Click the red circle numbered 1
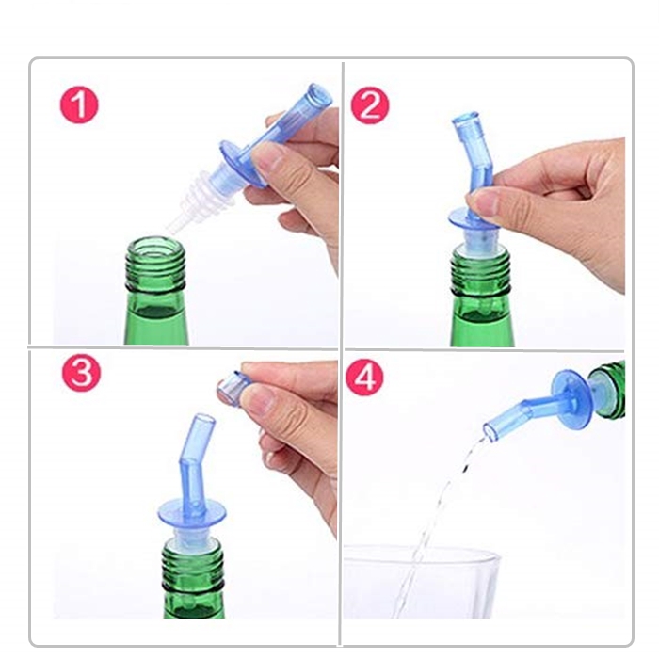point(79,104)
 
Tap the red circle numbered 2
point(370,105)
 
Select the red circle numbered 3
point(82,373)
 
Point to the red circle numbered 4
point(364,377)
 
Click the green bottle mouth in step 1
point(155,248)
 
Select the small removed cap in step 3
point(233,389)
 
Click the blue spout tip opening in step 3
point(203,418)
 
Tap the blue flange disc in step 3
point(192,514)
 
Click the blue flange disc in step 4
point(571,400)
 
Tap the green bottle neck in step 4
point(606,390)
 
